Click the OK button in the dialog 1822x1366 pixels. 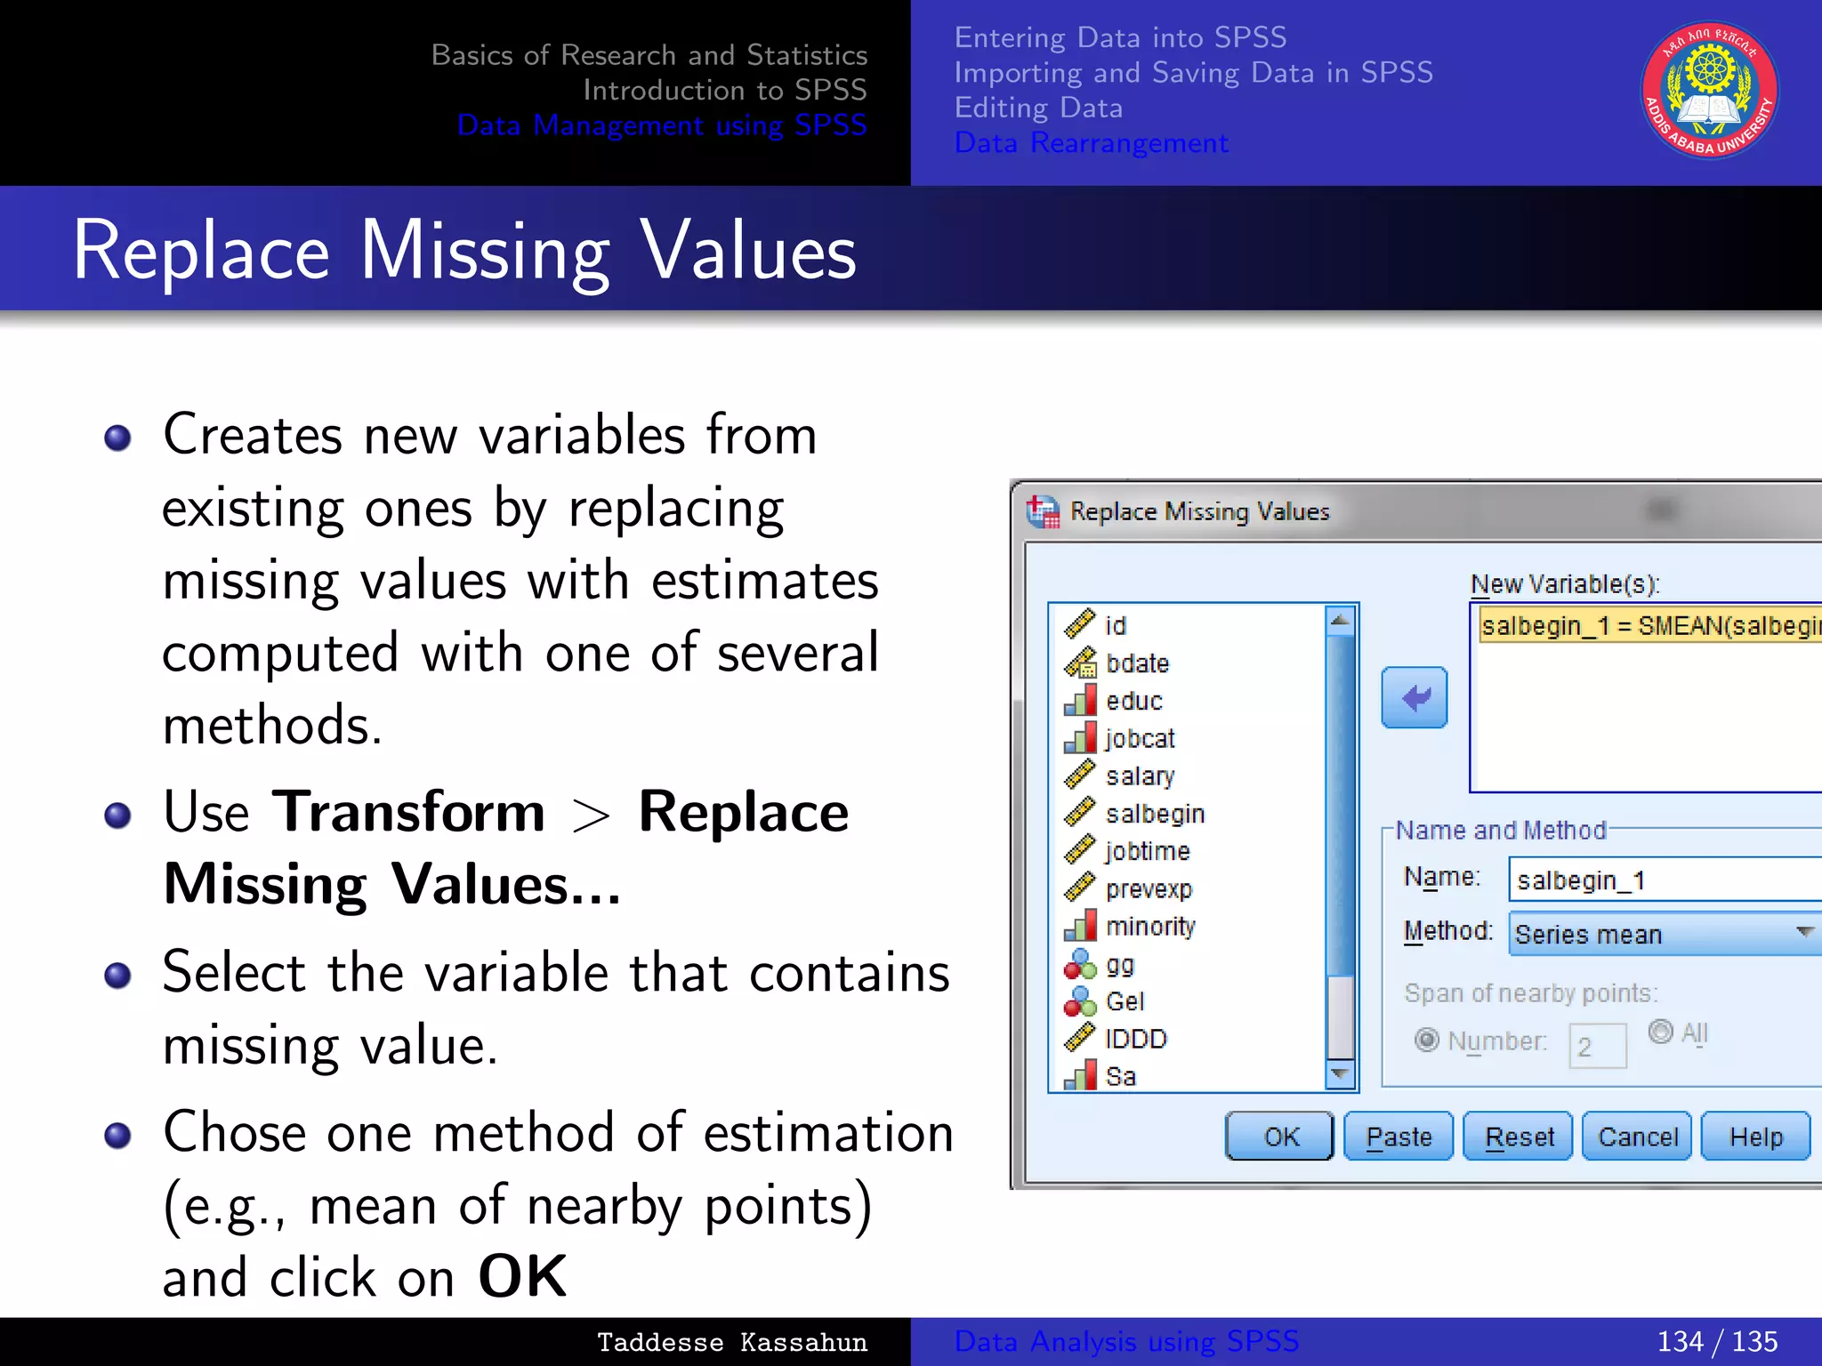tap(1279, 1137)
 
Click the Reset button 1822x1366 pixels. tap(1519, 1137)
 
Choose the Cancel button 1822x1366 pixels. tap(1637, 1137)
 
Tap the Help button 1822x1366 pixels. tap(1755, 1137)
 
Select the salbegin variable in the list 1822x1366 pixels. tap(1154, 814)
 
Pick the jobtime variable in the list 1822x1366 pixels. tap(1147, 851)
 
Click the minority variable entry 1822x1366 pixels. tap(1149, 927)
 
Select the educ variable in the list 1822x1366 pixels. tap(1133, 701)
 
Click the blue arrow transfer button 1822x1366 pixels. tap(1415, 698)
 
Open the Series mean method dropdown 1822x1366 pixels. tap(1665, 934)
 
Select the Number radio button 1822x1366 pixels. tap(1427, 1040)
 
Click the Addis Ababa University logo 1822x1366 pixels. tap(1709, 91)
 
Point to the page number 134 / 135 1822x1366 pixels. tap(1716, 1341)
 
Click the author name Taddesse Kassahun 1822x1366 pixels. tap(731, 1342)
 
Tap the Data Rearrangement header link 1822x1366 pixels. tap(1091, 143)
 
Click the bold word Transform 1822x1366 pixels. tap(408, 812)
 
